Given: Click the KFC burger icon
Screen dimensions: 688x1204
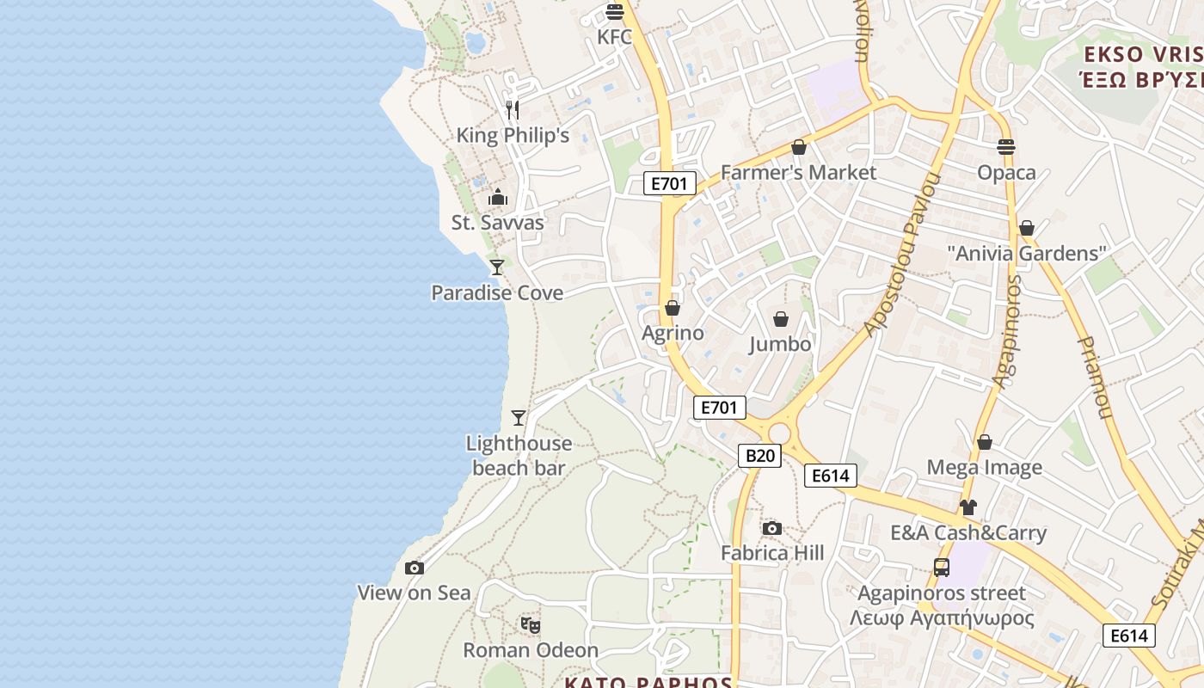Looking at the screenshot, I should coord(614,12).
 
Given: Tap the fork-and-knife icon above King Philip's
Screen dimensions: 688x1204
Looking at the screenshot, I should coord(513,109).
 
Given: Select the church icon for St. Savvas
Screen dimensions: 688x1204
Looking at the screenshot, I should coord(498,198).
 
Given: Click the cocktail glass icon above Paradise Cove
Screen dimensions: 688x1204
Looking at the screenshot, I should coord(497,267).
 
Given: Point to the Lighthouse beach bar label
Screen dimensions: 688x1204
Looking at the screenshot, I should coord(519,456).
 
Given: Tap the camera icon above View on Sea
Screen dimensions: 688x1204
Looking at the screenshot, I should coord(415,568).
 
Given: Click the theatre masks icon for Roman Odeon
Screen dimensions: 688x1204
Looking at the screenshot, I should coord(531,625).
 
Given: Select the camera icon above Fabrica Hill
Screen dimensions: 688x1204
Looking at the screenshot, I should coord(772,528).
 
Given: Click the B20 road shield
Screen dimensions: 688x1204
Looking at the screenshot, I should coord(759,456).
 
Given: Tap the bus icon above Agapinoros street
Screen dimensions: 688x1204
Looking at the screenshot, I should coord(942,568).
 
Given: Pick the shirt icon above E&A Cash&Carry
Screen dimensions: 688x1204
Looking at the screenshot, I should coord(968,507).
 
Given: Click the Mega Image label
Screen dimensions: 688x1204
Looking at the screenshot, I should coord(984,468).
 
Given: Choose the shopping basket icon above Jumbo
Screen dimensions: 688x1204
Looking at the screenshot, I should coord(781,319).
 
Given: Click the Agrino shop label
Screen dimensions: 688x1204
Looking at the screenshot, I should coord(673,333).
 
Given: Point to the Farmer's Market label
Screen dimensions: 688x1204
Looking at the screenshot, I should coord(798,173).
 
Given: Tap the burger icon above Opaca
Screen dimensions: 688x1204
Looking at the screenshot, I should coord(1006,147).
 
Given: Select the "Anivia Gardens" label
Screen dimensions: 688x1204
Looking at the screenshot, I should coord(1026,254).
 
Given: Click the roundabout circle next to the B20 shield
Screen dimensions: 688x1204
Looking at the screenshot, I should coord(780,433).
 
